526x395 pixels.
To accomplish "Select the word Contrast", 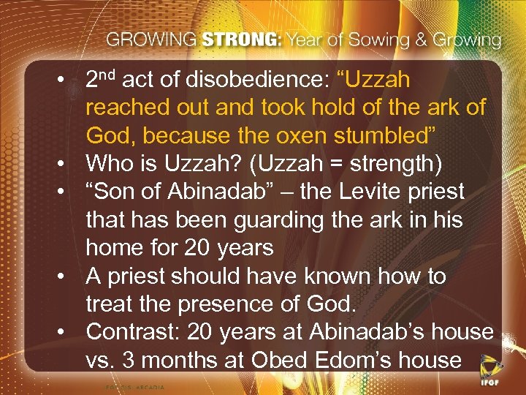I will click(x=133, y=332).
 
